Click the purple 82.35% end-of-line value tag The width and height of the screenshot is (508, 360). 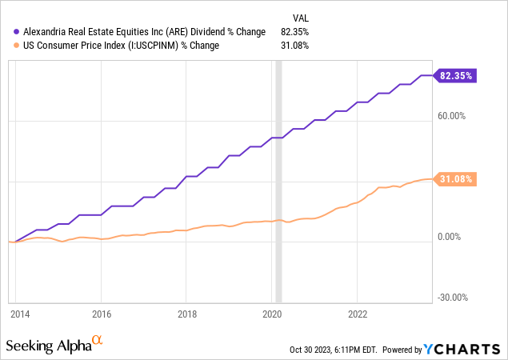click(x=458, y=76)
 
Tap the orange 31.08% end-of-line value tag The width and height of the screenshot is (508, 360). click(x=458, y=179)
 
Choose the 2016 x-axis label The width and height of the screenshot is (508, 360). click(x=101, y=314)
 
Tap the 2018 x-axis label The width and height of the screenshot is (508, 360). click(x=186, y=314)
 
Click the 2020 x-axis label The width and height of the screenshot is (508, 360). click(x=273, y=314)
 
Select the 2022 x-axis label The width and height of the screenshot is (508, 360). click(x=358, y=314)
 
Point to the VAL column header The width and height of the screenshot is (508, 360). click(x=298, y=17)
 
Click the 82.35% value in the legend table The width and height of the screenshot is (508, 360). click(x=294, y=31)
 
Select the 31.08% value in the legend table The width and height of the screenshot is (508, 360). click(x=294, y=45)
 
